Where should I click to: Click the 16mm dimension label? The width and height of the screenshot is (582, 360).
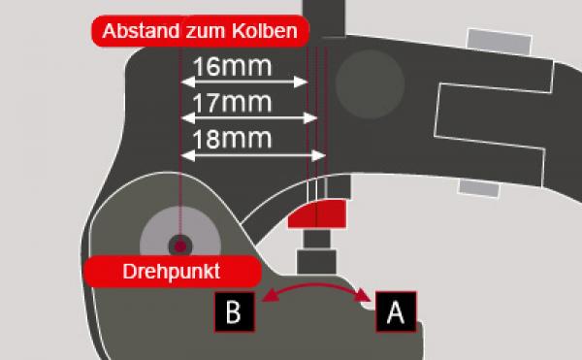point(232,68)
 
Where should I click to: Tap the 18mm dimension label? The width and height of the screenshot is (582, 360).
point(232,138)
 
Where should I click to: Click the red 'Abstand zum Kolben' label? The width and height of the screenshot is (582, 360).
point(201,30)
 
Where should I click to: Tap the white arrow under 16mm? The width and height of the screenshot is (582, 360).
point(242,84)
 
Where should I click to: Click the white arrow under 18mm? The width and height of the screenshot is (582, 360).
point(252,154)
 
